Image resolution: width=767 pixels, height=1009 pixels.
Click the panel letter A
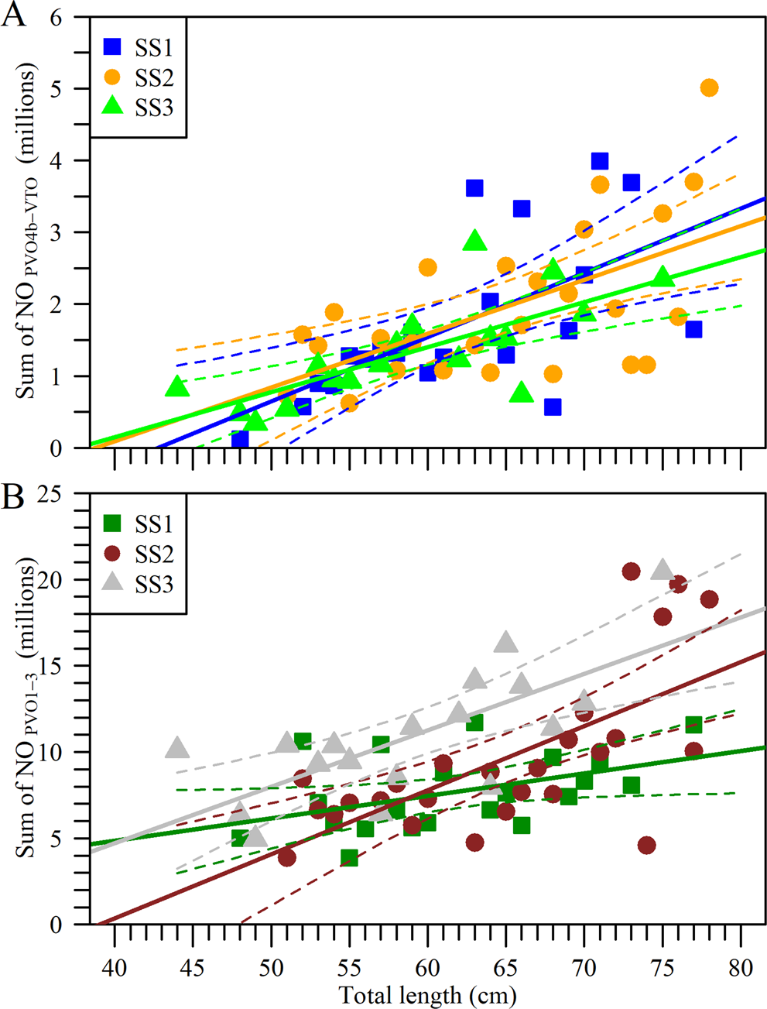[x=13, y=15]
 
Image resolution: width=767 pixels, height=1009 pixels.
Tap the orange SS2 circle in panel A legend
[x=113, y=77]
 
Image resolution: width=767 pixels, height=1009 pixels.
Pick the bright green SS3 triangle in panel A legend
[x=113, y=106]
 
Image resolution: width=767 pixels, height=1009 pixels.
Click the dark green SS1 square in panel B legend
[x=113, y=524]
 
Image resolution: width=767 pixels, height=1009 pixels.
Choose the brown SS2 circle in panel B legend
[x=113, y=554]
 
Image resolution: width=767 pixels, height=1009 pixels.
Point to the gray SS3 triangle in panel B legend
[x=113, y=583]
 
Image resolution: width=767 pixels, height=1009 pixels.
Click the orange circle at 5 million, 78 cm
[x=709, y=88]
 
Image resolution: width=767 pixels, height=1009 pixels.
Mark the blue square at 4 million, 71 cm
[x=599, y=161]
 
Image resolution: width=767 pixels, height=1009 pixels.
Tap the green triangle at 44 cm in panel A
[x=177, y=386]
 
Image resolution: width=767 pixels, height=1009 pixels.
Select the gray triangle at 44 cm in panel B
[x=177, y=748]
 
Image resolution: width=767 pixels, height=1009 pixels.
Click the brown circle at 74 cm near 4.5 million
[x=647, y=845]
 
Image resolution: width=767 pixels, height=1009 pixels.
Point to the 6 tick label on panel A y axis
[x=55, y=17]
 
